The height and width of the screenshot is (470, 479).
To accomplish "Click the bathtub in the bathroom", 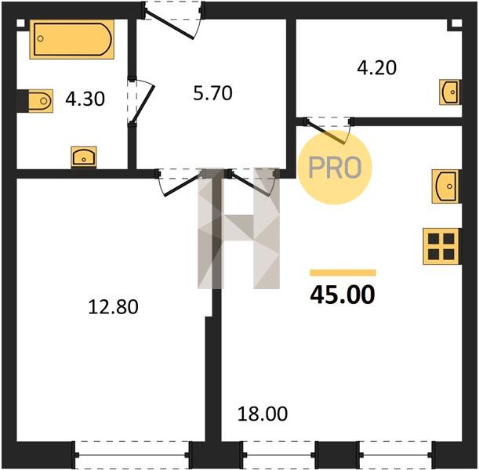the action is coord(72,39).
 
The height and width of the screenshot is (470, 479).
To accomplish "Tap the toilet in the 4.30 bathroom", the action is coord(41,101).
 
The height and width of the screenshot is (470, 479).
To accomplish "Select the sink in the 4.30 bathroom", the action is coord(84,157).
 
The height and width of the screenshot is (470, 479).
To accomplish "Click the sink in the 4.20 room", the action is coord(450,92).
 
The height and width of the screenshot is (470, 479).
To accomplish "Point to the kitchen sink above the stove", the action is coord(446,186).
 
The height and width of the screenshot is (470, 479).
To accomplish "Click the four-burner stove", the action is coord(441,246).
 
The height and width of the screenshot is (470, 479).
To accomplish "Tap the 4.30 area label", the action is coord(85,99).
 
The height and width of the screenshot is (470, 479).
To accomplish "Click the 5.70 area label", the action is coord(213,93).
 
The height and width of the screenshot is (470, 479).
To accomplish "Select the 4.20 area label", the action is coord(376,67).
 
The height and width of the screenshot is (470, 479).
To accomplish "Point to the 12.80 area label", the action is coord(113,307).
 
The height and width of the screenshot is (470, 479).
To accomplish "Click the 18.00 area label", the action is coord(263,414).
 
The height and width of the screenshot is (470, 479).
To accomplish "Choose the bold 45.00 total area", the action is coord(342,295).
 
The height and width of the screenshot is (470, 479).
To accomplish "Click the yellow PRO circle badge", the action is coord(335,167).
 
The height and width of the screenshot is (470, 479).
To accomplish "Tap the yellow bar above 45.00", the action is coord(343,273).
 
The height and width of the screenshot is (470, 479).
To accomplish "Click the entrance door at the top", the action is coord(172,20).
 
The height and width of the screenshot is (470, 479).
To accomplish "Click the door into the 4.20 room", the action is coord(328,130).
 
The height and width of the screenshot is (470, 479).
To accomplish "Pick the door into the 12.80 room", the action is coord(180,182).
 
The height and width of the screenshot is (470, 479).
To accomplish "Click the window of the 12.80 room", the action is coord(132,455).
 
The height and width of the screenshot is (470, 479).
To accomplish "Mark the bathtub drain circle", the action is coord(40,38).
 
